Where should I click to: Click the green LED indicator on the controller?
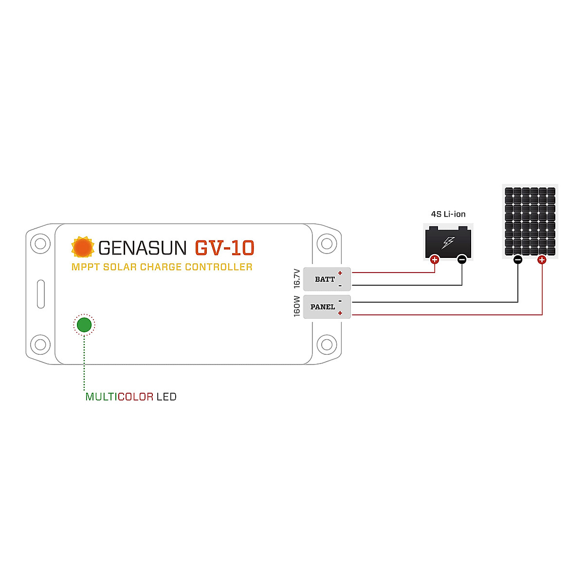84,325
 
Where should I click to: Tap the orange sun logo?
83,247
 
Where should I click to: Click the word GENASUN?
142,248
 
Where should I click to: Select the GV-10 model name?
224,248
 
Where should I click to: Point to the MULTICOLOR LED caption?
130,397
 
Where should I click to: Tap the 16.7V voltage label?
297,278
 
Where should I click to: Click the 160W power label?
297,307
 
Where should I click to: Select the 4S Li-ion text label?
448,214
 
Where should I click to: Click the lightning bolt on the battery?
448,242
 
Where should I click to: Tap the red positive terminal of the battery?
435,259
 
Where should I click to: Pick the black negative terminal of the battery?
462,259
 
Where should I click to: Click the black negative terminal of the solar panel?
518,260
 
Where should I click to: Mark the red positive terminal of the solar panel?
542,260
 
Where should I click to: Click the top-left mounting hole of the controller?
40,243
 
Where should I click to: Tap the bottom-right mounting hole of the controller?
327,345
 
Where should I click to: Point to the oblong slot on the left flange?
41,294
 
